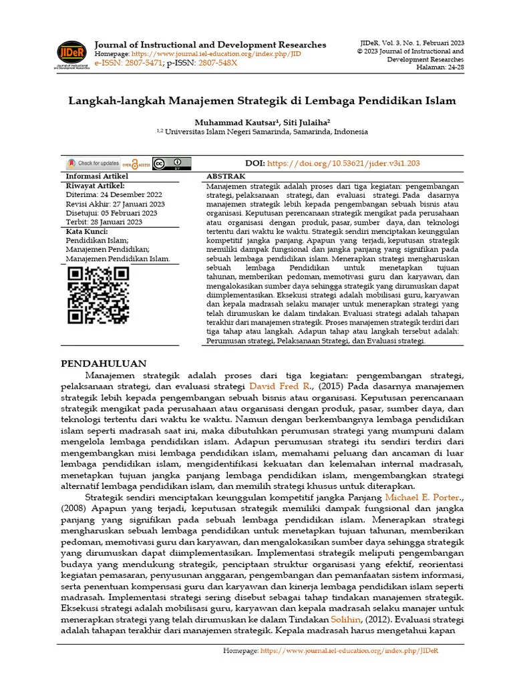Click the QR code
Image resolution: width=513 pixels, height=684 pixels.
[x=98, y=295]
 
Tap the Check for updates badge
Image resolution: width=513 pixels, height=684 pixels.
[x=93, y=164]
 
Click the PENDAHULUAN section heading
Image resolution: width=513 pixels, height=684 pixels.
[x=104, y=364]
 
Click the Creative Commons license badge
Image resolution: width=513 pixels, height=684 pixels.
[x=172, y=164]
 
